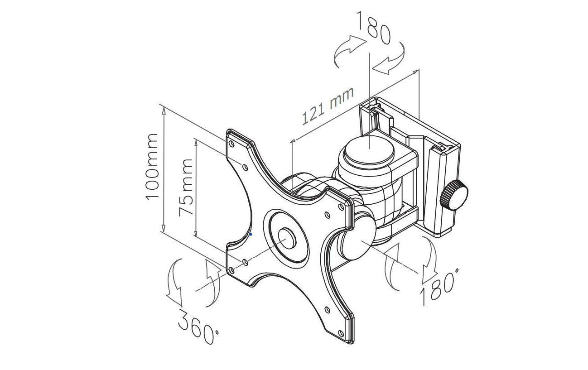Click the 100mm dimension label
(x=151, y=167)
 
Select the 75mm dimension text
(x=186, y=187)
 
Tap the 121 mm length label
(x=328, y=106)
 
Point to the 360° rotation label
(x=198, y=327)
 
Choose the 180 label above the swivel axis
(x=373, y=28)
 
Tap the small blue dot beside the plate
(x=251, y=234)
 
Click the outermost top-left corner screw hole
(x=231, y=144)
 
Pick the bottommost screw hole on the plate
(x=341, y=333)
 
